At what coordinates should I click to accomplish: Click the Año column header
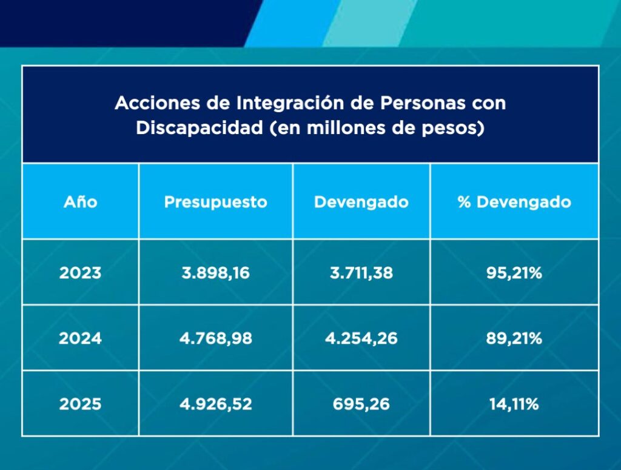[x=81, y=202]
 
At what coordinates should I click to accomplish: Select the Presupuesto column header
[x=216, y=203]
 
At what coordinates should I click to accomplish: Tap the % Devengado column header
[x=514, y=203]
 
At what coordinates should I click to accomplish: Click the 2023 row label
[x=81, y=273]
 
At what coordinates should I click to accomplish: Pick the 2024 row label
[x=81, y=338]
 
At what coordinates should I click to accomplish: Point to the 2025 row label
[x=81, y=405]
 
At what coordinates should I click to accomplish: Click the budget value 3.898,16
[x=216, y=273]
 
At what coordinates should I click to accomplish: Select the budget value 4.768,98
[x=216, y=338]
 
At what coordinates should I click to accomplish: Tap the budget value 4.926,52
[x=216, y=405]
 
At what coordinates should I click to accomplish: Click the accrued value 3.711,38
[x=361, y=273]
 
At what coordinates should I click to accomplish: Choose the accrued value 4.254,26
[x=361, y=338]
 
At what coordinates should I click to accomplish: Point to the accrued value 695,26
[x=361, y=405]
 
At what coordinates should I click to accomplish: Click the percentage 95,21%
[x=514, y=273]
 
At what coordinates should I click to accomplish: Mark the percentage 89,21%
[x=514, y=338]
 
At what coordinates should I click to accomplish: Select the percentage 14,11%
[x=514, y=405]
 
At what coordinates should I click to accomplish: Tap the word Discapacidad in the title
[x=200, y=128]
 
